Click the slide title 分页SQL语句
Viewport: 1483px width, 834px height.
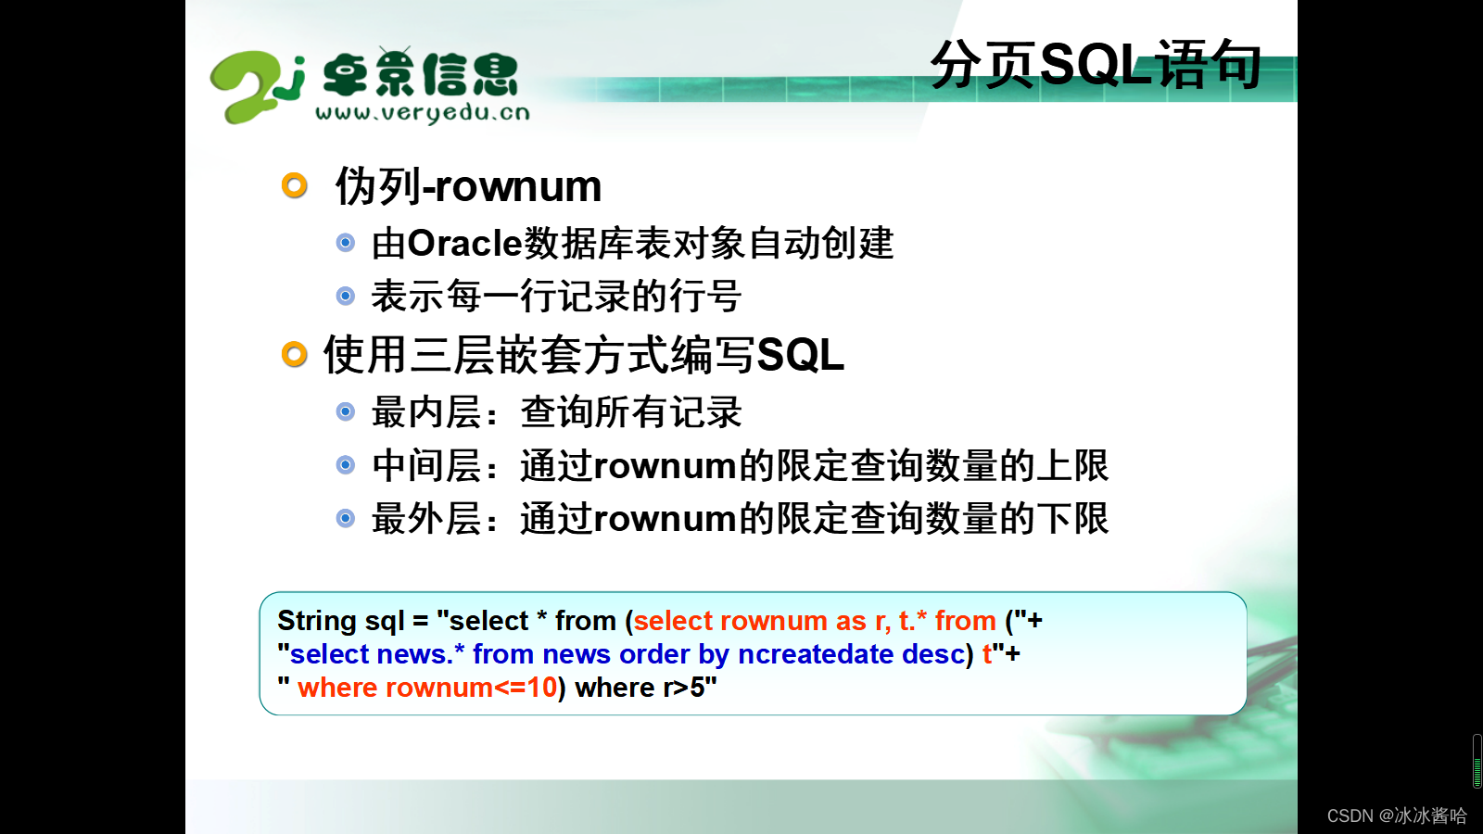tap(1096, 65)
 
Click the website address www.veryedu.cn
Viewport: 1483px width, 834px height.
tap(423, 113)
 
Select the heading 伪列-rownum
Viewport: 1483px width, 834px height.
tap(468, 186)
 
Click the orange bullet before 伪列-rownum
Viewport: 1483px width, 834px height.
tap(295, 185)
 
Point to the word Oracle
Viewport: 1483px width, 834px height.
tap(465, 244)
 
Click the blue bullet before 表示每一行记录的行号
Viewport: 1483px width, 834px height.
tap(346, 296)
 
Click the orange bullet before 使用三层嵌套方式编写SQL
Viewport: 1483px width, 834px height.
tap(295, 354)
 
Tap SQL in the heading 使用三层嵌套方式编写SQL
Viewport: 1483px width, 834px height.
tap(800, 355)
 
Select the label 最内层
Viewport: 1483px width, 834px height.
tap(425, 412)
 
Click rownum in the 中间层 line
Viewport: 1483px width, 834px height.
tap(665, 466)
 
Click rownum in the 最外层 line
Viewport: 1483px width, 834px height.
tap(665, 519)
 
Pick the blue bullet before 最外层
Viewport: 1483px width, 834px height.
tap(346, 518)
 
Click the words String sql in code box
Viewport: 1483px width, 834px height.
tap(340, 620)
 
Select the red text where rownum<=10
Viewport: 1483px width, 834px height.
tap(427, 688)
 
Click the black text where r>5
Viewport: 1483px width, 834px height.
tap(645, 688)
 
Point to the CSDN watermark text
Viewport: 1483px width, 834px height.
tap(1397, 815)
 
